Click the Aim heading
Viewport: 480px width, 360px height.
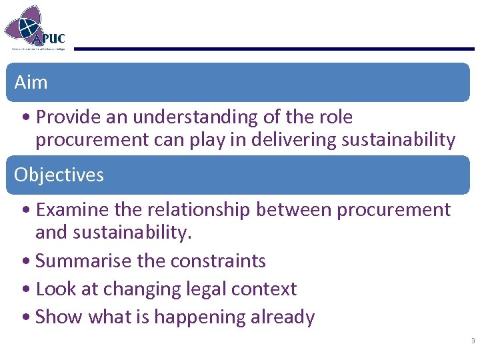click(31, 83)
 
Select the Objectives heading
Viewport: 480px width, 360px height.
click(59, 175)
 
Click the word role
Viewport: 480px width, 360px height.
click(336, 117)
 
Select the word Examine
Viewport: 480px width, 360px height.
click(73, 210)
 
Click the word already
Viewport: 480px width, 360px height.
click(283, 317)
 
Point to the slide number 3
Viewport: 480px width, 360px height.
click(473, 341)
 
